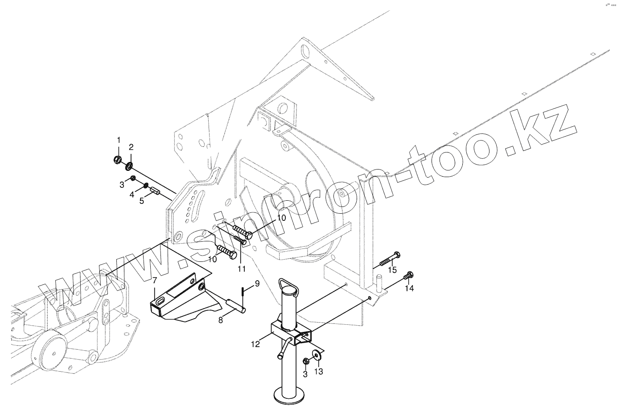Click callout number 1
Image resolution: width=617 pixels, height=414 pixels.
pyautogui.click(x=119, y=140)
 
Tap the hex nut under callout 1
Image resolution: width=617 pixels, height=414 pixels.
pyautogui.click(x=118, y=159)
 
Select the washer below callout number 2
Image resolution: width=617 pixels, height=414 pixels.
pyautogui.click(x=129, y=166)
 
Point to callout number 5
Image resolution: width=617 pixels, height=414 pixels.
pyautogui.click(x=142, y=201)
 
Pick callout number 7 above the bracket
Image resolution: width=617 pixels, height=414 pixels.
pyautogui.click(x=154, y=281)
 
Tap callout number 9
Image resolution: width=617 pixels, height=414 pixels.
pyautogui.click(x=257, y=283)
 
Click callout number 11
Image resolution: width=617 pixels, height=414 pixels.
pyautogui.click(x=241, y=269)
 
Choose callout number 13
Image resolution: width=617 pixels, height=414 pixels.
pyautogui.click(x=319, y=371)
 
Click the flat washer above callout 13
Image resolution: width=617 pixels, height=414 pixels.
pyautogui.click(x=318, y=354)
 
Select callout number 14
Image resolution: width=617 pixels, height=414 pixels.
pyautogui.click(x=409, y=289)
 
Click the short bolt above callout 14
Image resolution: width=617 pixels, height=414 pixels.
pyautogui.click(x=408, y=276)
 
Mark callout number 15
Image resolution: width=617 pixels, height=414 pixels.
pyautogui.click(x=392, y=270)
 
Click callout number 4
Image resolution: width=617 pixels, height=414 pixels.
pyautogui.click(x=132, y=195)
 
